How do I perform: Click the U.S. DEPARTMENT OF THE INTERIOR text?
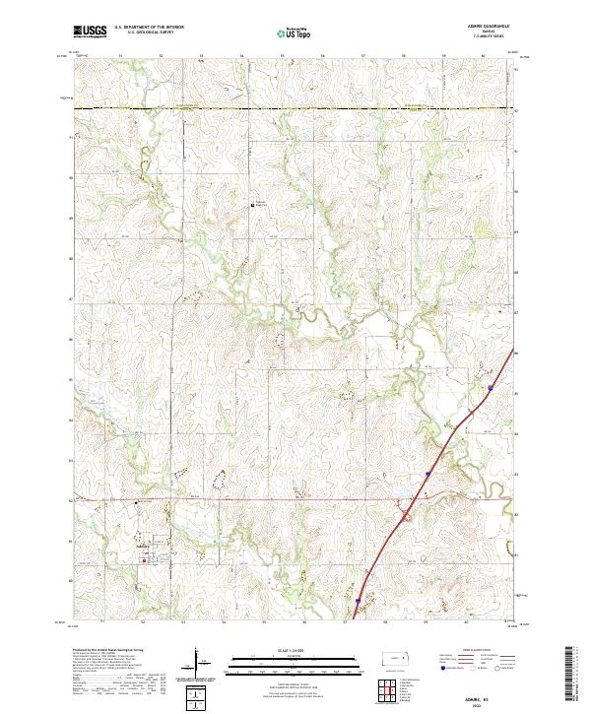tap(148, 28)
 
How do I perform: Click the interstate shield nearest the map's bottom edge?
tap(358, 599)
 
